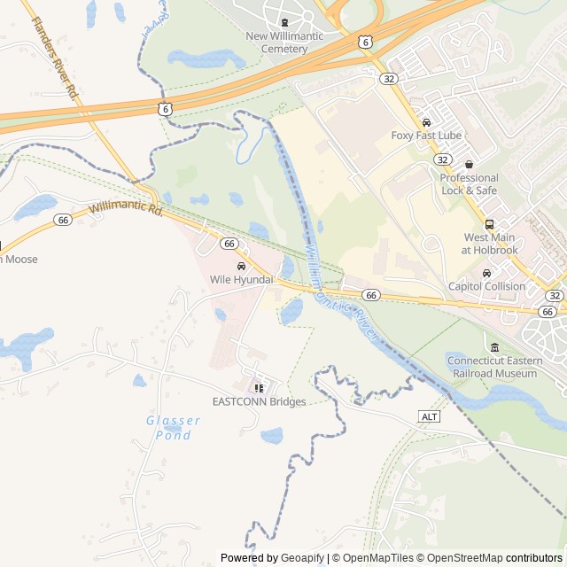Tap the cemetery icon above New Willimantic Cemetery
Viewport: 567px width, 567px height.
(x=283, y=23)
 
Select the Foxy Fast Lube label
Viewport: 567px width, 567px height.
(x=426, y=136)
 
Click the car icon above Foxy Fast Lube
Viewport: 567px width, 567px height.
(x=426, y=122)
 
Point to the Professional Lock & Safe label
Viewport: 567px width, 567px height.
(x=469, y=183)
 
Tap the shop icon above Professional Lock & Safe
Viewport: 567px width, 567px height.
(x=469, y=165)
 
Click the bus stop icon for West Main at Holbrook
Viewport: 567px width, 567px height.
(x=490, y=225)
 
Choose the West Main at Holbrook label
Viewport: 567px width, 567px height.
(x=490, y=244)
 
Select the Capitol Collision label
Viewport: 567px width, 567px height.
(x=486, y=286)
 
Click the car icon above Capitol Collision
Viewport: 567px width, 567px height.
(x=486, y=273)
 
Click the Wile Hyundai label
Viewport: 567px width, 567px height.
(x=241, y=280)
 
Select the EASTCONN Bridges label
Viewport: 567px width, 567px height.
(x=259, y=401)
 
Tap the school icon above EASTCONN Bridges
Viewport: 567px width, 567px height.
(x=259, y=388)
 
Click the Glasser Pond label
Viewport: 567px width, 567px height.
(x=173, y=428)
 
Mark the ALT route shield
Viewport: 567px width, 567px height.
(x=429, y=416)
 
